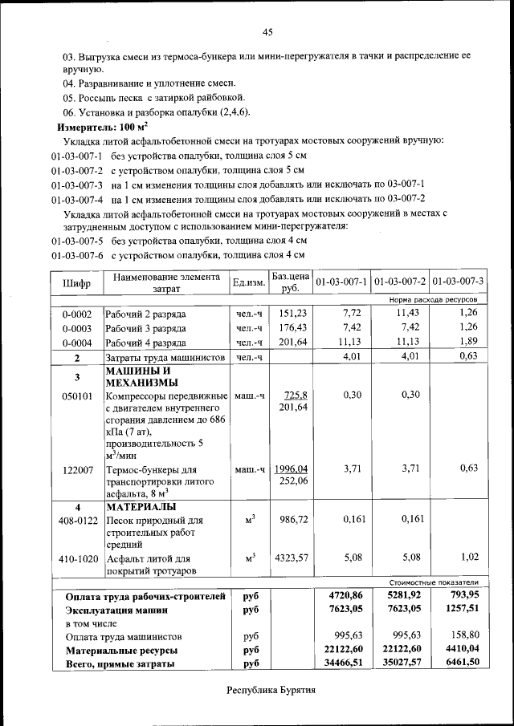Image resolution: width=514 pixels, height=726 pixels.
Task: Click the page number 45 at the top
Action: tap(267, 32)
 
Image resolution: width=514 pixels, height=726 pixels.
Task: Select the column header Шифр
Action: tap(76, 283)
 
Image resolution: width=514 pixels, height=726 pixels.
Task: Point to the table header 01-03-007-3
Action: tap(458, 282)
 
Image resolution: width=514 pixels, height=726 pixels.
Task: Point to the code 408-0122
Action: tap(79, 521)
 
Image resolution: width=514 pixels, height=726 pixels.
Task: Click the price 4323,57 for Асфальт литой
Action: tap(292, 557)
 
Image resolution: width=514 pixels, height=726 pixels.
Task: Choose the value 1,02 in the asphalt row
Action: tap(469, 557)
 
